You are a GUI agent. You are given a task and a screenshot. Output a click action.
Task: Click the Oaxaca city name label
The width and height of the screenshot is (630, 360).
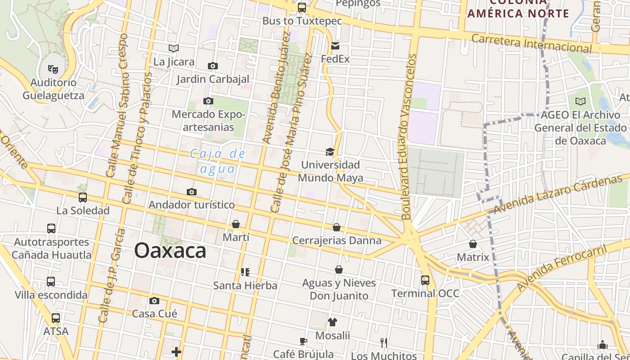(170, 251)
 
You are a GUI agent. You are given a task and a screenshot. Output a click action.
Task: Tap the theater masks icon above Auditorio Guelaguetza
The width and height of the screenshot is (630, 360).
(53, 69)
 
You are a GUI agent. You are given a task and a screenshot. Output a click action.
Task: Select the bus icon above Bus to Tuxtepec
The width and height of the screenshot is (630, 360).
(301, 8)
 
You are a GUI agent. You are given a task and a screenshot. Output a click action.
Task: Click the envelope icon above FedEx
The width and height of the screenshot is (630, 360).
(335, 46)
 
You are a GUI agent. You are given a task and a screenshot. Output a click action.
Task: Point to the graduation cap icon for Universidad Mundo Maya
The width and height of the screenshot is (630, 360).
(330, 152)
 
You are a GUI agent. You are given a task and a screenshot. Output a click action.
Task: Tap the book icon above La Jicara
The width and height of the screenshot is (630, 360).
(174, 48)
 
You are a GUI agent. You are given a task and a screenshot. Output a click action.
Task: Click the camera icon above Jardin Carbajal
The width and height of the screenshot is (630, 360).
(213, 66)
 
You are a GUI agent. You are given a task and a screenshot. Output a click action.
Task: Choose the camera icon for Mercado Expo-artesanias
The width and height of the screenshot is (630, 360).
(208, 101)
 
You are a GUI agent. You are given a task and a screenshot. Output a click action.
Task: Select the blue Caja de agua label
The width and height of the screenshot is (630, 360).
(218, 161)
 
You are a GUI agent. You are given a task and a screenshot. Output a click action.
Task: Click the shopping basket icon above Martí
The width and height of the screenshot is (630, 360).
(235, 224)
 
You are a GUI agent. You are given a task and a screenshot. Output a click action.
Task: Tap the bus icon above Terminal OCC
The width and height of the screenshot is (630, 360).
(425, 280)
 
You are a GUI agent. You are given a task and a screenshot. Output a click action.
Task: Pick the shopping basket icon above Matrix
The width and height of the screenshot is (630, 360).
(472, 244)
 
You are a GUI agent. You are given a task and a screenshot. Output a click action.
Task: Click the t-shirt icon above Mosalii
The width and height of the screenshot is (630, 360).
(333, 322)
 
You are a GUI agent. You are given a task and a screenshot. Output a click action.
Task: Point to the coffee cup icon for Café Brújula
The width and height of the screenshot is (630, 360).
(303, 341)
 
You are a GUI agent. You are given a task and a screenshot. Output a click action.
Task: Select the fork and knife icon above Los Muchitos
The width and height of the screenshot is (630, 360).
(384, 343)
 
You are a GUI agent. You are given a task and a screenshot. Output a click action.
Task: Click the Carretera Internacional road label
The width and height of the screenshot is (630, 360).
(531, 43)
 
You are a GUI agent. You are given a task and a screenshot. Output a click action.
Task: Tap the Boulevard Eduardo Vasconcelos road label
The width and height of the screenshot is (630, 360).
(409, 137)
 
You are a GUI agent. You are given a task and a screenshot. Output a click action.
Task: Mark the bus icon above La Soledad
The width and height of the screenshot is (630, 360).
(83, 197)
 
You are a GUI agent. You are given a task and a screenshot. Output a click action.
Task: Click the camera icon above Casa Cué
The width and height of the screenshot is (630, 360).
(154, 301)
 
